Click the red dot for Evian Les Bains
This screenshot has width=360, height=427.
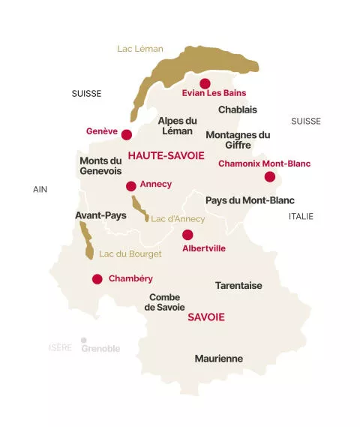pyautogui.click(x=205, y=83)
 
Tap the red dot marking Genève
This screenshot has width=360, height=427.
pyautogui.click(x=127, y=135)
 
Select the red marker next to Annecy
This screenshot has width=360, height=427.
pyautogui.click(x=131, y=186)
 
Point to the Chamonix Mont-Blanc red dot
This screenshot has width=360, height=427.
pyautogui.click(x=270, y=177)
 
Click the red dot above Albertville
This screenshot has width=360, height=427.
pyautogui.click(x=187, y=235)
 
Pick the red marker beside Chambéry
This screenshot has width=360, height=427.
pyautogui.click(x=97, y=279)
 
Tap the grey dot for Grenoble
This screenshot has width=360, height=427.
pyautogui.click(x=84, y=340)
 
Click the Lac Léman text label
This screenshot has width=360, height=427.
pyautogui.click(x=140, y=49)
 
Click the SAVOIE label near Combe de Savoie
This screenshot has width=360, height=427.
pyautogui.click(x=205, y=317)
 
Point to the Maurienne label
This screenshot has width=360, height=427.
pyautogui.click(x=219, y=359)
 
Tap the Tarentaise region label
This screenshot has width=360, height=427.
pyautogui.click(x=238, y=286)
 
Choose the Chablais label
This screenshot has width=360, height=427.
pyautogui.click(x=238, y=110)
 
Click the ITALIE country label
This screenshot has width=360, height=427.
pyautogui.click(x=301, y=216)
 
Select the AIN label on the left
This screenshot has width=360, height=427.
pyautogui.click(x=40, y=189)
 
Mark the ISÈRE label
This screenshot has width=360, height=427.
pyautogui.click(x=60, y=348)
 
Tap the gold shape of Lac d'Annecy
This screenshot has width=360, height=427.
pyautogui.click(x=139, y=207)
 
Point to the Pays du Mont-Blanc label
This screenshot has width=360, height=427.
pyautogui.click(x=250, y=200)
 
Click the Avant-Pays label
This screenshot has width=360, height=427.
pyautogui.click(x=100, y=215)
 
